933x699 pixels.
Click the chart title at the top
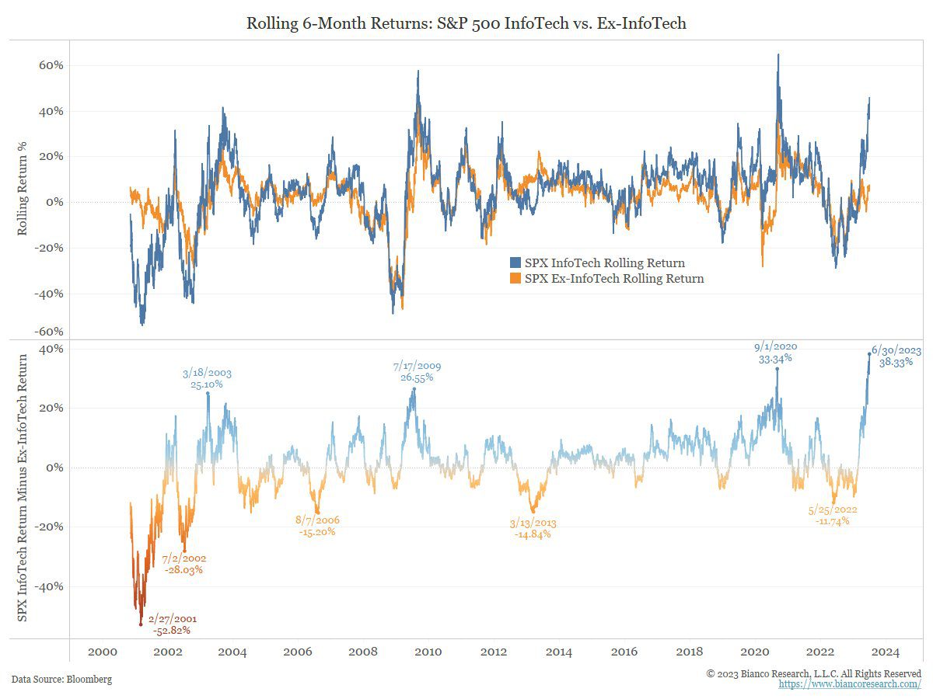click(x=466, y=24)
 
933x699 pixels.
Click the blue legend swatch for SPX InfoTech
click(x=515, y=263)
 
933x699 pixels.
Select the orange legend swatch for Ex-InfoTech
click(x=515, y=279)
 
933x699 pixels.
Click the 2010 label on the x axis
click(x=428, y=652)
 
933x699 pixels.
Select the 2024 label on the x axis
click(x=886, y=652)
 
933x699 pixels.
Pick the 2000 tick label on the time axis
click(x=102, y=652)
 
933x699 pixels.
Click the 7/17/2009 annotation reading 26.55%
click(x=416, y=371)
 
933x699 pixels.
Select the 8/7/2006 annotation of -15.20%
click(x=316, y=526)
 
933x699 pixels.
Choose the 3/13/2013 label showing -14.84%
click(x=533, y=529)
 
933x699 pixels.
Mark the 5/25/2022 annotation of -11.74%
click(x=832, y=515)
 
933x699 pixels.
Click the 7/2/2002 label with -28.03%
click(x=183, y=564)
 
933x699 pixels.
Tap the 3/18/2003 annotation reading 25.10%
click(x=207, y=378)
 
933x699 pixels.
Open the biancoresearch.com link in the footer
click(x=850, y=684)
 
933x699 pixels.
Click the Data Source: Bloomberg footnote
click(x=61, y=680)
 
